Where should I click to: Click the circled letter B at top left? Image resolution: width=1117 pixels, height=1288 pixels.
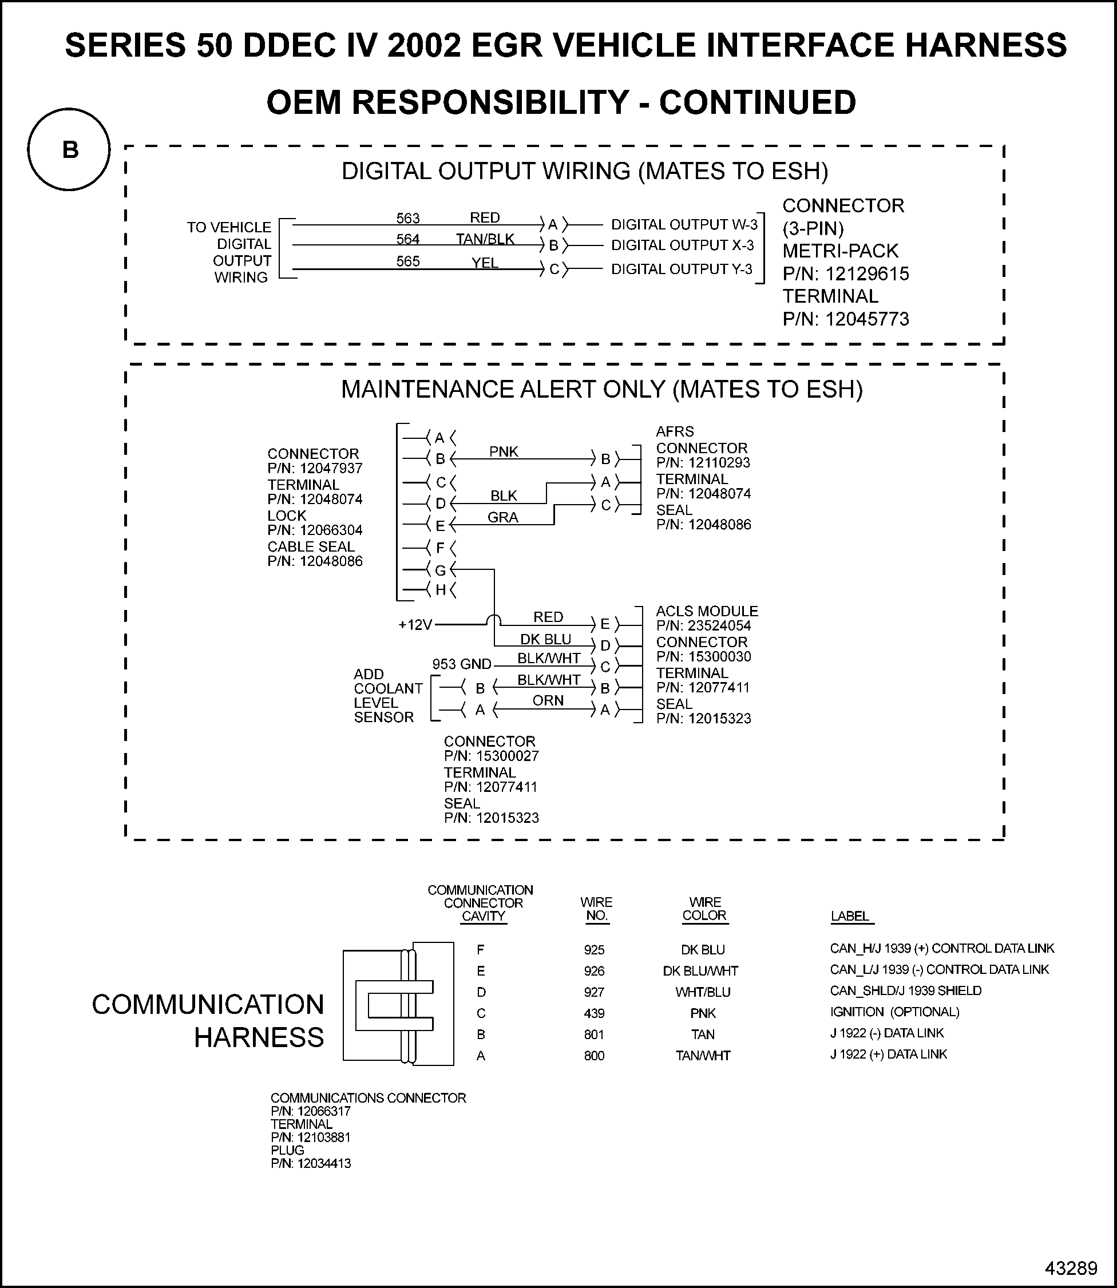point(69,149)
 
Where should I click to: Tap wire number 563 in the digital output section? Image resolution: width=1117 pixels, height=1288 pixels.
point(408,218)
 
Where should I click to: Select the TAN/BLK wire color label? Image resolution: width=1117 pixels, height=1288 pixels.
point(485,239)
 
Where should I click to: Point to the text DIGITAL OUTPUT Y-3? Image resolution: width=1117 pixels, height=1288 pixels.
point(682,269)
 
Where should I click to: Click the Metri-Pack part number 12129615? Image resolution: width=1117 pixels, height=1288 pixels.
point(867,274)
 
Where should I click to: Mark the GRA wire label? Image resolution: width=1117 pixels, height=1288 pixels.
point(502,517)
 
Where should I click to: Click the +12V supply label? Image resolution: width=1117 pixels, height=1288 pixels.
point(415,624)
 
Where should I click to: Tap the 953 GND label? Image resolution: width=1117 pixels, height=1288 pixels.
point(462,664)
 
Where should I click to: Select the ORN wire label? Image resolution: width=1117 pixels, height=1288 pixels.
point(548,700)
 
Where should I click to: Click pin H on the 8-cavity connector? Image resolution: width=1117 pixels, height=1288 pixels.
point(440,589)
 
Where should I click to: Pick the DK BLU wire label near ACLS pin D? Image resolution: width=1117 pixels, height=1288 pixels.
point(545,639)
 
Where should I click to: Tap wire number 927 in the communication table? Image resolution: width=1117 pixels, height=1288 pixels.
point(594,992)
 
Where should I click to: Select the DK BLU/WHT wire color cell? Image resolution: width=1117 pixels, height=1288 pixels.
point(700,971)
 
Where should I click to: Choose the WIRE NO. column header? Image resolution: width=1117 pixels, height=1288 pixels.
point(596,909)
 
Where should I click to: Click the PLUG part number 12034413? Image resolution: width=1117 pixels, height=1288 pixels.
point(323,1163)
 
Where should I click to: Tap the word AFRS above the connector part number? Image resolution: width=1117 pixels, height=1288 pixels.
point(675,431)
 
